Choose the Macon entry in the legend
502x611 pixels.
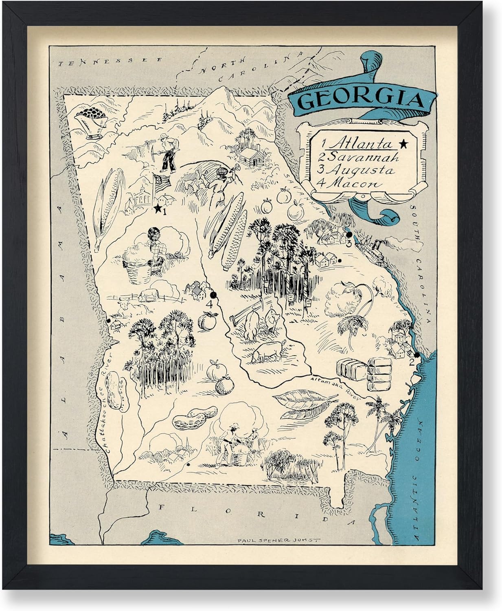pos(353,183)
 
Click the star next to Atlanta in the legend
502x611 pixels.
pos(403,143)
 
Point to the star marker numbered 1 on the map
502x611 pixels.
pos(157,209)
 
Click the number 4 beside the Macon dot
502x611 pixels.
pos(209,304)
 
